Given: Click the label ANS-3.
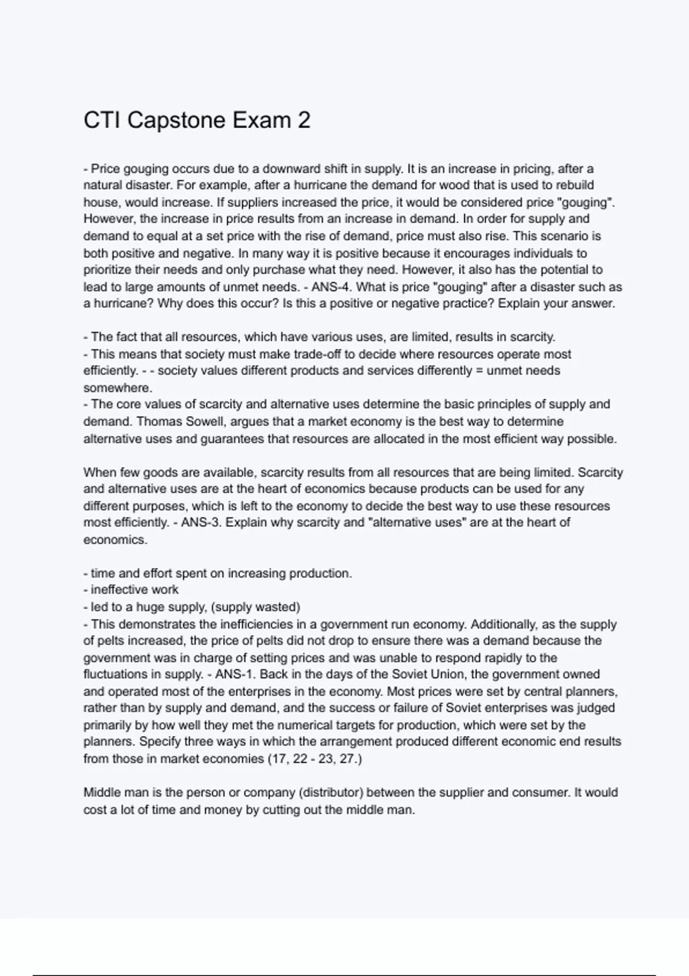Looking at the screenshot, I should point(200,522).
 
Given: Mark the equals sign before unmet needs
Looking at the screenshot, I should point(479,371).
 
